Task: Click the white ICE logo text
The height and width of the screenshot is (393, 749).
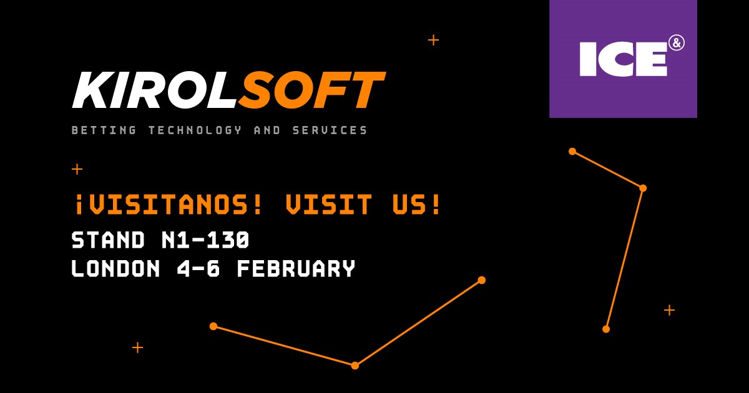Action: (x=624, y=59)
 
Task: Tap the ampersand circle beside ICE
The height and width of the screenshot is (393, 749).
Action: (x=677, y=44)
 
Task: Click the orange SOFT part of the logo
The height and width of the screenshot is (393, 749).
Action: (x=311, y=90)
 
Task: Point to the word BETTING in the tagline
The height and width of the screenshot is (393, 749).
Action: (x=104, y=130)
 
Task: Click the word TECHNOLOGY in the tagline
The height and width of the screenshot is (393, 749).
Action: (x=195, y=130)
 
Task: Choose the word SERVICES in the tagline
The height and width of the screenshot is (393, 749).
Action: (x=330, y=130)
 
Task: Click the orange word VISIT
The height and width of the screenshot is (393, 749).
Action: (x=329, y=204)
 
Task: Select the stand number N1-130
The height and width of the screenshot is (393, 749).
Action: (x=205, y=240)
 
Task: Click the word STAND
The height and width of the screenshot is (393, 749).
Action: (x=109, y=240)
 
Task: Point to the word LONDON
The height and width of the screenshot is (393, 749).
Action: (x=115, y=268)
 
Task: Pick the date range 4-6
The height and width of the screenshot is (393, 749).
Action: (x=198, y=268)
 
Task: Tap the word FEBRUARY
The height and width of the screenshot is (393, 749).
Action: (x=296, y=268)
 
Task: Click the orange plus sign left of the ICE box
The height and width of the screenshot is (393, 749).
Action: (x=433, y=41)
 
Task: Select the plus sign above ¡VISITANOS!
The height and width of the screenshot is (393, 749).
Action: (x=77, y=169)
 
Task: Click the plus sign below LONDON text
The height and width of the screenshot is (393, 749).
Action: (x=137, y=347)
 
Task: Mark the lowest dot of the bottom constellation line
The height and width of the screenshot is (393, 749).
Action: (x=355, y=366)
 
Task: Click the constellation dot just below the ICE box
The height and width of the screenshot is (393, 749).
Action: (x=572, y=152)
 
